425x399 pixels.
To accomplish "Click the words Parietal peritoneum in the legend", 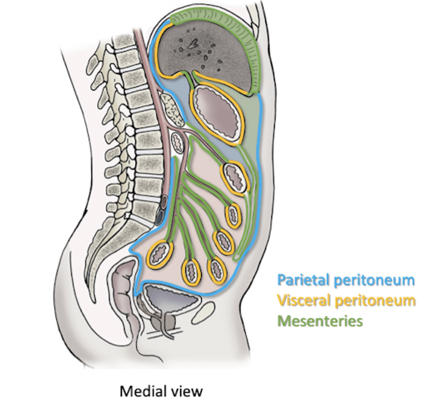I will pyautogui.click(x=346, y=280).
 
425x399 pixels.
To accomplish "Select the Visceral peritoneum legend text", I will pyautogui.click(x=346, y=301).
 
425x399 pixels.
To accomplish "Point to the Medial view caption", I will pyautogui.click(x=161, y=390).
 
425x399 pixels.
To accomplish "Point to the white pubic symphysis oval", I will pyautogui.click(x=204, y=314).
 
